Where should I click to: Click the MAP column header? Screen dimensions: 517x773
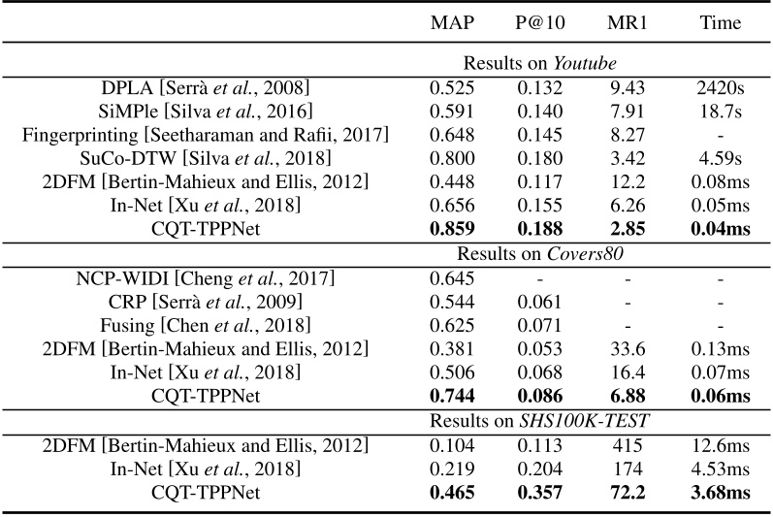[x=452, y=22]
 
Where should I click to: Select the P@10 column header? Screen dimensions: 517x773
[x=540, y=22]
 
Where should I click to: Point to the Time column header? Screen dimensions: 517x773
[x=720, y=22]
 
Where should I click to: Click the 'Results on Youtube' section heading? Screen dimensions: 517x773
[x=539, y=63]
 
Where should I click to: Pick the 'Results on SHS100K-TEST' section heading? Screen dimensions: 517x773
[x=539, y=419]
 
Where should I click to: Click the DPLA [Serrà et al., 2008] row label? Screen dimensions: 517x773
[x=206, y=87]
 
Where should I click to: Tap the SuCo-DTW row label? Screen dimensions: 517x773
[x=206, y=158]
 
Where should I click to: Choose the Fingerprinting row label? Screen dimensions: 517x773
[x=206, y=135]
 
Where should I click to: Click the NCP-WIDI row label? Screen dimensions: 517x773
[x=206, y=278]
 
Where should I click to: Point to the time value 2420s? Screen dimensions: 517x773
[x=720, y=87]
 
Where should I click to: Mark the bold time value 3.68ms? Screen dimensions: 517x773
[x=720, y=493]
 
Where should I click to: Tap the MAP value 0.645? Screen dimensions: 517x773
[x=452, y=278]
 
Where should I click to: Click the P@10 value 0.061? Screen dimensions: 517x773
[x=540, y=302]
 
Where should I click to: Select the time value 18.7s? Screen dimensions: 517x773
[x=720, y=111]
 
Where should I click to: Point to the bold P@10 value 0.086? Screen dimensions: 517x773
[x=540, y=397]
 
